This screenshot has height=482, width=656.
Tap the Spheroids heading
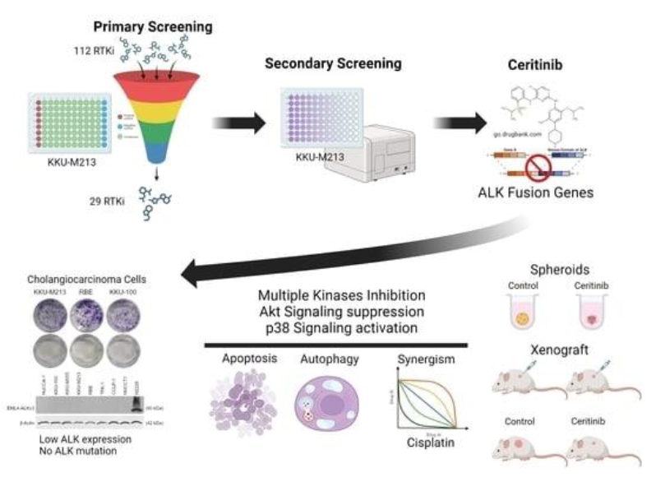point(561,268)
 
